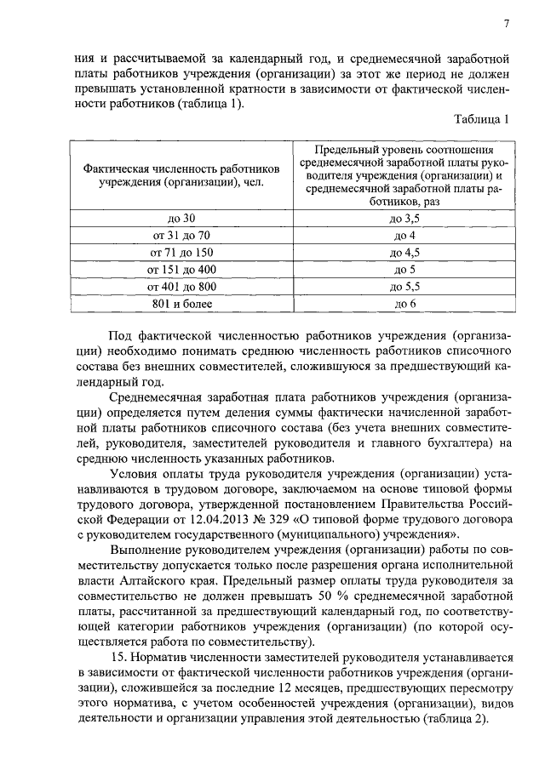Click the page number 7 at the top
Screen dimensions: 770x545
tap(506, 23)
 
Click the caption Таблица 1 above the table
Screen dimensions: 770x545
tap(481, 120)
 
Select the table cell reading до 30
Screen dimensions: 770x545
tap(182, 219)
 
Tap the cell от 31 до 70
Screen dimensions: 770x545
tap(182, 236)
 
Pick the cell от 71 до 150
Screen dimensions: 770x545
tap(182, 253)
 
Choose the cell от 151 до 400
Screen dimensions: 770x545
tap(182, 270)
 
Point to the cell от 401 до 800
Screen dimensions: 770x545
tap(182, 287)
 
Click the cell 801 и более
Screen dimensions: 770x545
tap(182, 304)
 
